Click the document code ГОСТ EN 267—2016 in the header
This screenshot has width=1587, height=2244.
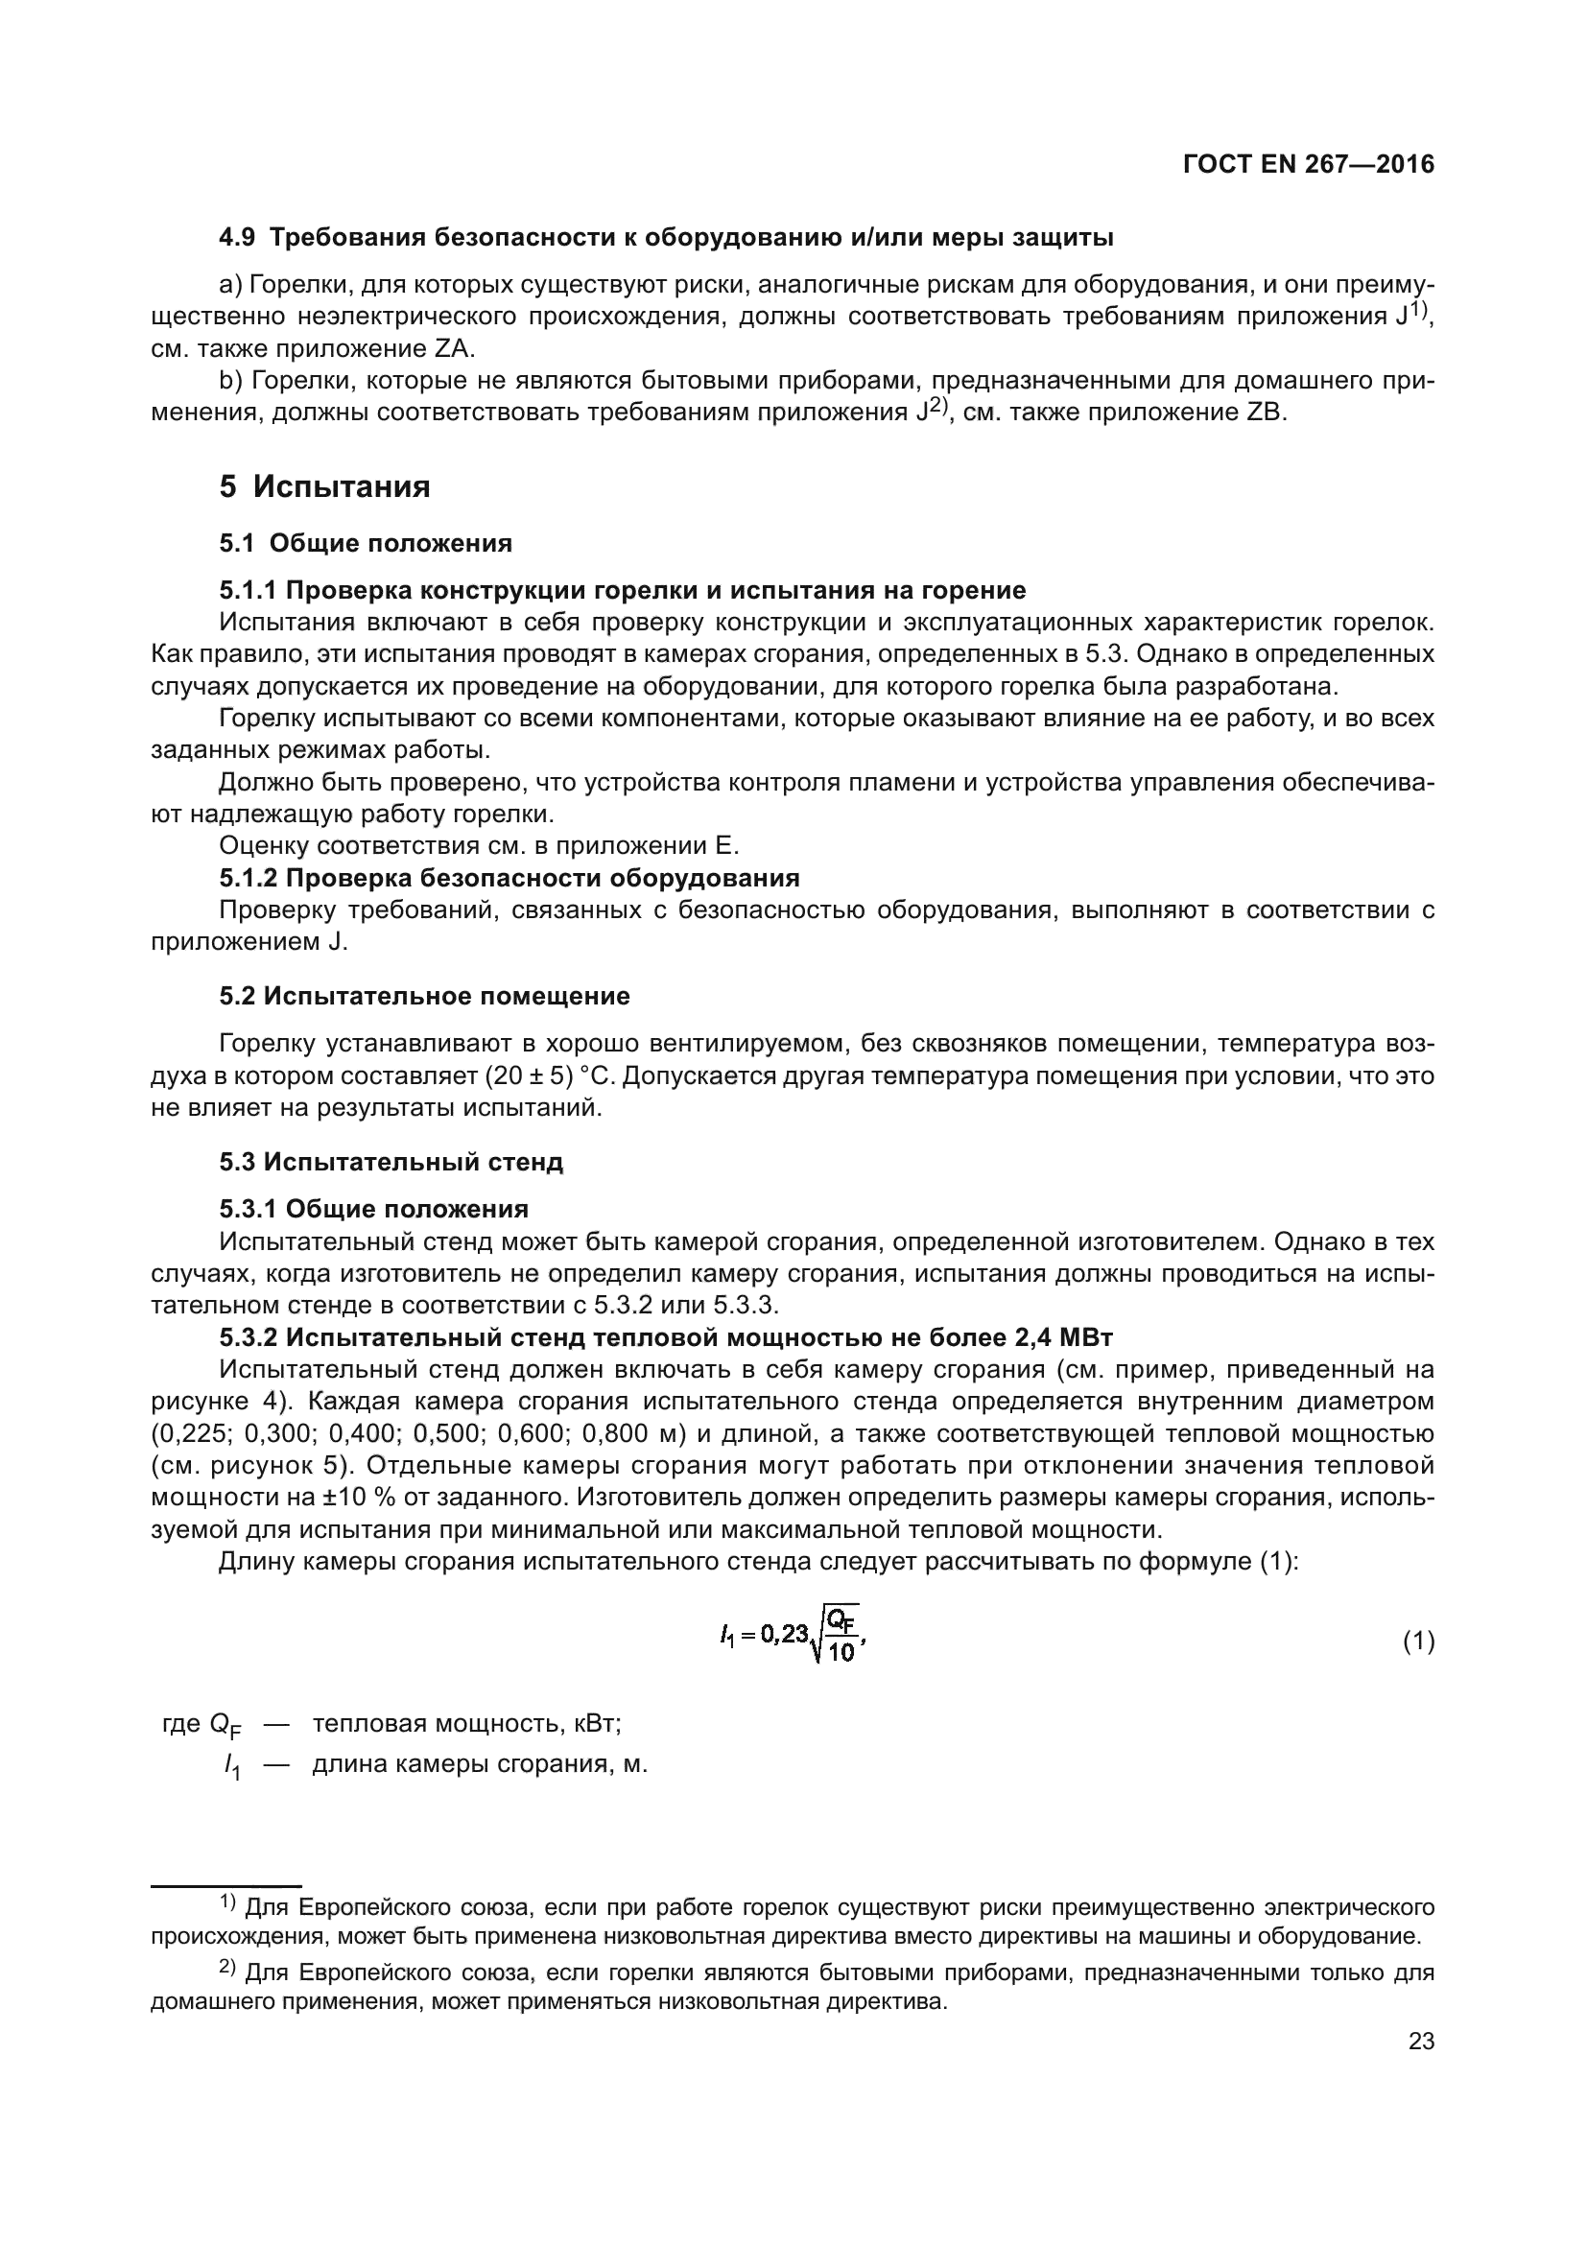[1309, 164]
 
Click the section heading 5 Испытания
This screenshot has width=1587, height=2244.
[324, 485]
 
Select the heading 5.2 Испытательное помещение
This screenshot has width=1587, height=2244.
[424, 996]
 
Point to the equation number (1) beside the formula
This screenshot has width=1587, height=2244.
[1419, 1642]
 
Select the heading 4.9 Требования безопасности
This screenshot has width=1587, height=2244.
[666, 237]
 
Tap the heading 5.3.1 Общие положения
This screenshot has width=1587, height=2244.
[373, 1209]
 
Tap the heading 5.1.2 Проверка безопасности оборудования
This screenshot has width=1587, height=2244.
[509, 877]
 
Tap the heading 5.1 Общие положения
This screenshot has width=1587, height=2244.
[366, 542]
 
